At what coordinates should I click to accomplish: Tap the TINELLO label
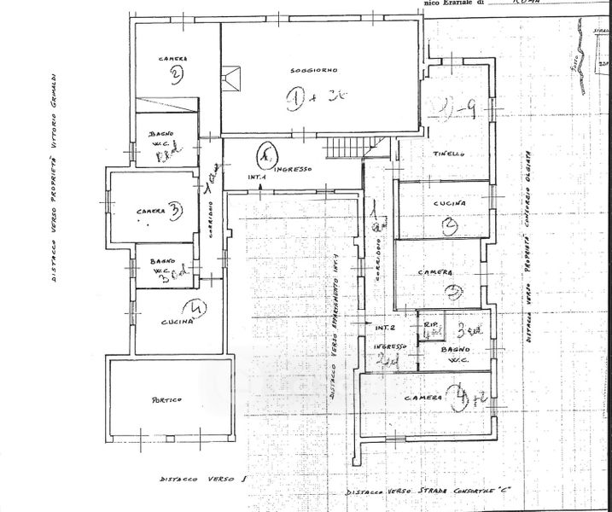coord(449,153)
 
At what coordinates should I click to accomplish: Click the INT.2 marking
coord(385,327)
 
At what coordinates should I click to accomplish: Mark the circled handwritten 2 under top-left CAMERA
coord(174,75)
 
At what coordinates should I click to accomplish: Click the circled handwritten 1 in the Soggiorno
coord(296,100)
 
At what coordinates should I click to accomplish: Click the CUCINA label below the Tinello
coord(450,203)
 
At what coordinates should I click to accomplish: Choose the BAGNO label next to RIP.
coord(452,350)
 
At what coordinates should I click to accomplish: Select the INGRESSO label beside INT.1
coord(294,170)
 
